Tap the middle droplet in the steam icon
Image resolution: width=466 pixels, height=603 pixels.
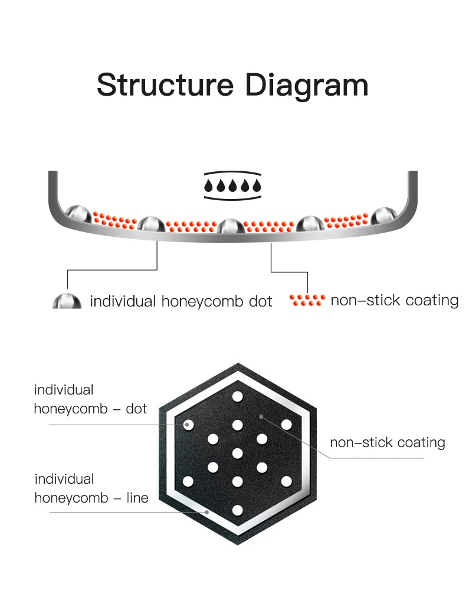(232, 186)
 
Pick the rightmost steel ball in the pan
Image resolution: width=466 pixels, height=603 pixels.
(383, 216)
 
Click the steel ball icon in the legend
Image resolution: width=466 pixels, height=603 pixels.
(67, 301)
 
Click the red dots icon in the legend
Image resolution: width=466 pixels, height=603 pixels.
(307, 300)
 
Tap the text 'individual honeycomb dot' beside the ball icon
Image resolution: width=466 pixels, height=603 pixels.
(181, 301)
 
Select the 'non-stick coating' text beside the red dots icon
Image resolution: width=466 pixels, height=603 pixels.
(394, 300)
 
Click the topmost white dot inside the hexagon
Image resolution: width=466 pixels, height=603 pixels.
(238, 396)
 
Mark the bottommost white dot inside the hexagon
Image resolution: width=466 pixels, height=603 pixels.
(238, 509)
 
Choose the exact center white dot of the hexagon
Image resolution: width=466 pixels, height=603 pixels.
(238, 453)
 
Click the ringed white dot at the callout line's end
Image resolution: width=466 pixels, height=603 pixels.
(189, 424)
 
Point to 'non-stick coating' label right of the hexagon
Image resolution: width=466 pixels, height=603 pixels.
(387, 442)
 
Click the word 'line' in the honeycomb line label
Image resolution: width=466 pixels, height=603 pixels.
(137, 497)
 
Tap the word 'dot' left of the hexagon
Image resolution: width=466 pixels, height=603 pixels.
(136, 408)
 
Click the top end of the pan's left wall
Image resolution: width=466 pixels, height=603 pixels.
(52, 173)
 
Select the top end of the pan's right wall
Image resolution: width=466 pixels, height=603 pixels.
(413, 173)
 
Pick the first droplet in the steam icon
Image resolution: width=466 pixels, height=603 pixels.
(208, 186)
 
